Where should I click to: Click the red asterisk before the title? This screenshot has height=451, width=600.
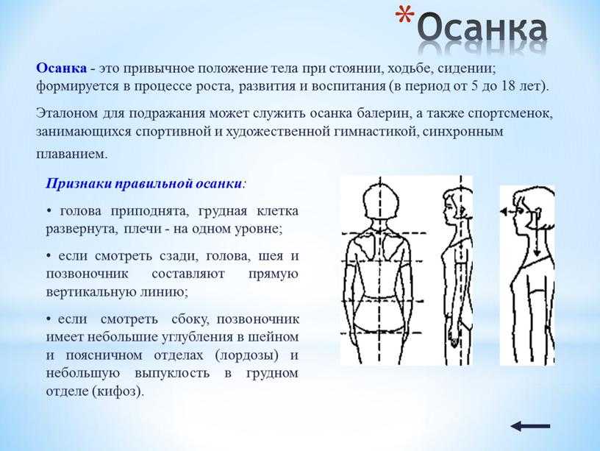[404, 17]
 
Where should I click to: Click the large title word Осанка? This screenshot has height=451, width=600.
[482, 27]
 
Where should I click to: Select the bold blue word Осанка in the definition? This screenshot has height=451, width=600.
[61, 68]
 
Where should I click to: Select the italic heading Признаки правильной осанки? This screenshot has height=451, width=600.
[144, 184]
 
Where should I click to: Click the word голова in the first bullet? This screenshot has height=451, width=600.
[81, 211]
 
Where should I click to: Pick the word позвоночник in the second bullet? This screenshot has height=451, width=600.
[87, 274]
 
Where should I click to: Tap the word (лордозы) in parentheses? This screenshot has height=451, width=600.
[247, 355]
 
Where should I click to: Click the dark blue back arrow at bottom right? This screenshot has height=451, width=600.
[530, 426]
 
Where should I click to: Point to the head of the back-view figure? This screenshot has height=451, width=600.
[381, 201]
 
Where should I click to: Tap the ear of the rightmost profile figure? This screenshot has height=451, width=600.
[537, 212]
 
